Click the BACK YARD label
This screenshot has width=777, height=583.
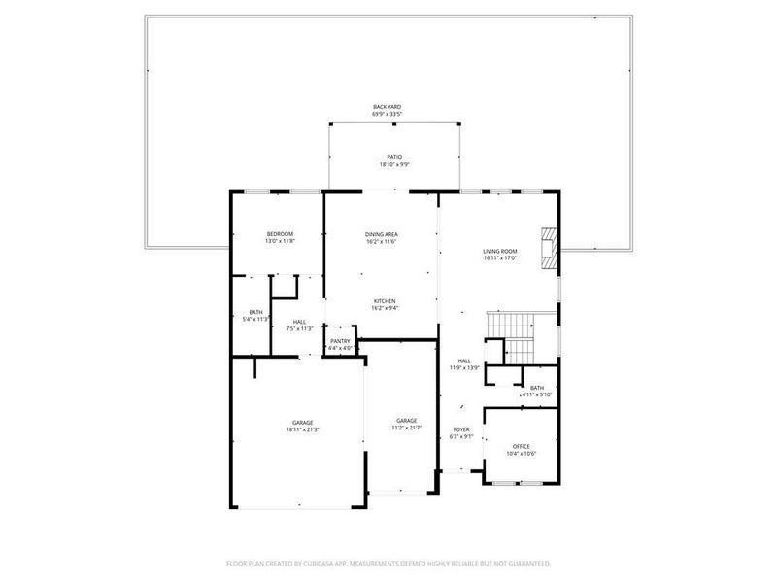click(387, 107)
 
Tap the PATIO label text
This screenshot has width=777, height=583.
click(393, 157)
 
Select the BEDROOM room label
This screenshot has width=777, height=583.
click(280, 234)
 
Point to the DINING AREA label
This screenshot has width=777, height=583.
click(382, 234)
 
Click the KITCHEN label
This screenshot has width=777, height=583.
click(384, 301)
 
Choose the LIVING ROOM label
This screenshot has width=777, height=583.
click(500, 252)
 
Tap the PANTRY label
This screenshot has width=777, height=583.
click(340, 341)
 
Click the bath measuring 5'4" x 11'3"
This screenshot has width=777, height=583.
click(255, 312)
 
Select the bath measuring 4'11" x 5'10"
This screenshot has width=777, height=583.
click(536, 388)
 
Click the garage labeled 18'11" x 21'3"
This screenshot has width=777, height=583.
click(302, 422)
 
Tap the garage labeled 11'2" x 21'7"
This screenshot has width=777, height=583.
click(406, 420)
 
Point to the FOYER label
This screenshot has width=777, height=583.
click(461, 429)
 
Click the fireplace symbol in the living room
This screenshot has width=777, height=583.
click(550, 248)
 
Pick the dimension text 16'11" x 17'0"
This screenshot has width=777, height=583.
click(500, 258)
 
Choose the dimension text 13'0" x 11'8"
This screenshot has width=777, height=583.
click(280, 241)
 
